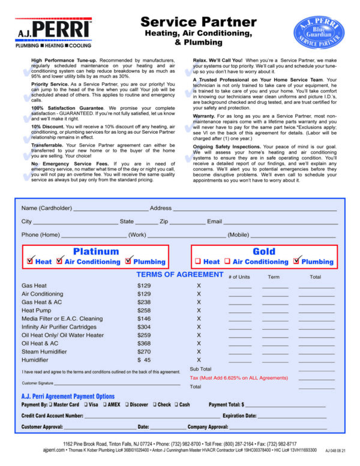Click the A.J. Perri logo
[x=53, y=32]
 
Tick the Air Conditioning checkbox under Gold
[x=227, y=261]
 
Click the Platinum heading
[x=96, y=251]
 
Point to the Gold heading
[x=264, y=251]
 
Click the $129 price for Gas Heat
[x=144, y=285]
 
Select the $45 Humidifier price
[x=144, y=360]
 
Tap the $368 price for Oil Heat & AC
[x=144, y=343]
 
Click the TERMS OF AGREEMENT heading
[x=180, y=275]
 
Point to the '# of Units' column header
[x=239, y=277]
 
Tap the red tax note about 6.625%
[x=239, y=378]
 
